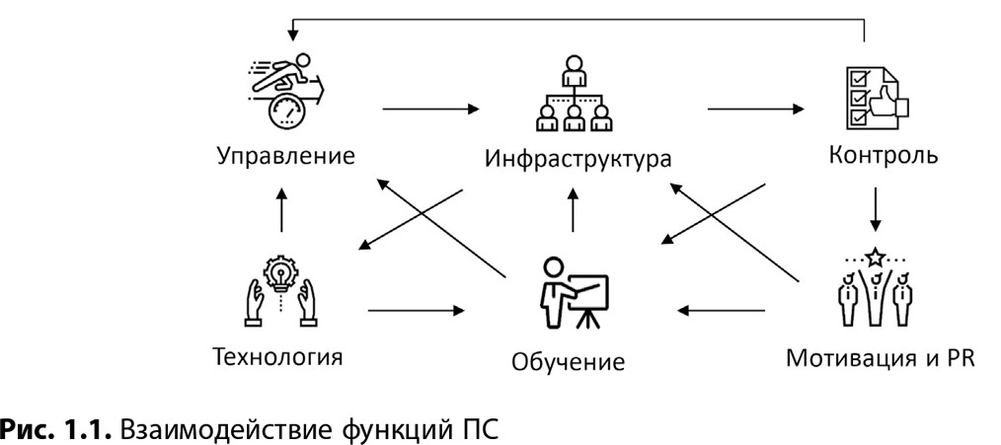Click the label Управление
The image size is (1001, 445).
tap(283, 156)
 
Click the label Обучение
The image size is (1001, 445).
tap(568, 361)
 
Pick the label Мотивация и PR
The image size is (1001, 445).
tap(881, 356)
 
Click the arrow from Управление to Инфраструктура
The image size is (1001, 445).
tap(435, 106)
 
